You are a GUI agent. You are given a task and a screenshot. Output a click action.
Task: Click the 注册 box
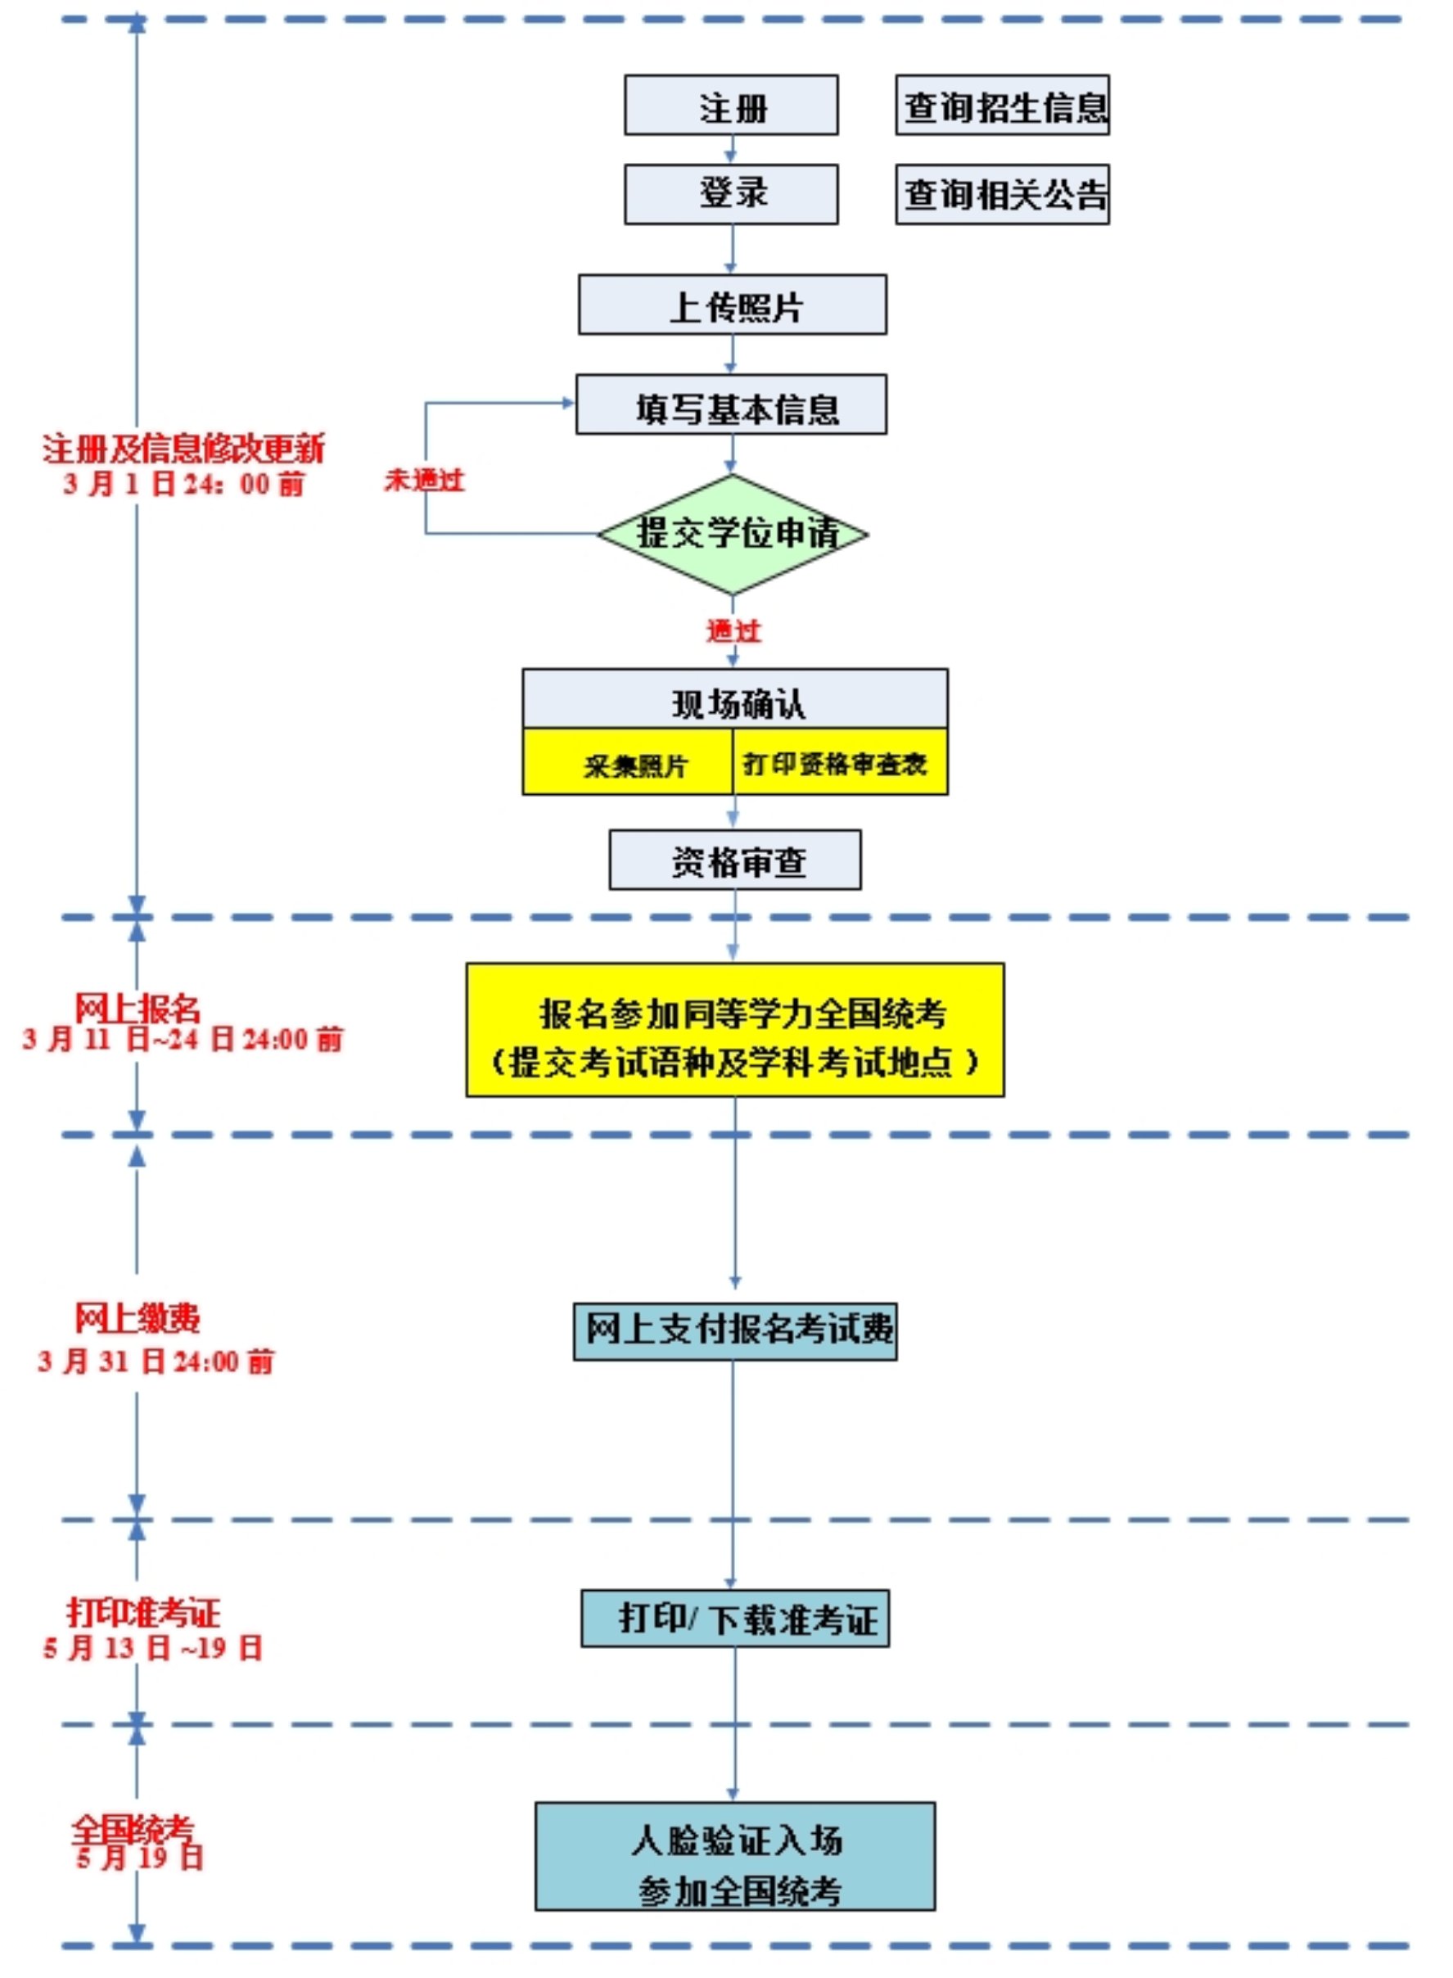point(731,106)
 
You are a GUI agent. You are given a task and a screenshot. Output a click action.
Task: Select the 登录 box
point(731,194)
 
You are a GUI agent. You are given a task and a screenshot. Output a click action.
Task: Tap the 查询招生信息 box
point(1003,106)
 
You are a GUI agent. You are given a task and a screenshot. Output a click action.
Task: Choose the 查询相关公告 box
point(1003,194)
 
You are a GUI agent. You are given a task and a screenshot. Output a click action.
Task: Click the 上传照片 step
point(732,305)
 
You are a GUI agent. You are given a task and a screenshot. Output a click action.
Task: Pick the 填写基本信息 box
point(732,405)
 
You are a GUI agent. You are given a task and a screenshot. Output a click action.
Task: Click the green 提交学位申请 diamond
point(733,534)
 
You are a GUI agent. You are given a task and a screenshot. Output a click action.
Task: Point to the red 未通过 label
point(424,481)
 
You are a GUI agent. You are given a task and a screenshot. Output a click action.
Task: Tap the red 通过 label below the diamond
point(733,630)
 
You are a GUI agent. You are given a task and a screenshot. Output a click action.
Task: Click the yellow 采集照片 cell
point(629,763)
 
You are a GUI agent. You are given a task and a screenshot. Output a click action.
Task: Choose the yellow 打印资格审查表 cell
point(839,763)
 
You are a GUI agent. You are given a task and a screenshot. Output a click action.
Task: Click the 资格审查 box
point(735,861)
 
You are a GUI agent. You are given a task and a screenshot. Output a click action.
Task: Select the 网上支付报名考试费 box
point(735,1332)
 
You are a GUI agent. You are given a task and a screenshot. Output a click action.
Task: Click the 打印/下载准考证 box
point(735,1619)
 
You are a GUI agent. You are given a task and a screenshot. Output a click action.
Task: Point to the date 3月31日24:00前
point(156,1362)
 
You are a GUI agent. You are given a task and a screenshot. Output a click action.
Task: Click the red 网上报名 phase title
point(138,1009)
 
